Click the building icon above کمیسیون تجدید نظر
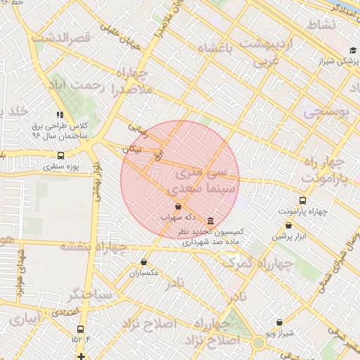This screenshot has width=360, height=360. (211, 221)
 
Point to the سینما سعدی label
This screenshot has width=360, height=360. (198, 190)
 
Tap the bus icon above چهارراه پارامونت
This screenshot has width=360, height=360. (302, 200)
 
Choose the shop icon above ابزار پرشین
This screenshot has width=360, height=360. (289, 226)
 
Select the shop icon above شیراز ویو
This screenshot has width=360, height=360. (279, 322)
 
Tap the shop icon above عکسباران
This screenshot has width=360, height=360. (143, 262)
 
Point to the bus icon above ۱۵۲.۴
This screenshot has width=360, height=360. (80, 328)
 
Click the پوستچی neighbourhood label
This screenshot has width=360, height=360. (325, 112)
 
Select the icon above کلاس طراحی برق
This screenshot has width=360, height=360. (60, 114)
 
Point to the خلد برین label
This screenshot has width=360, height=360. (15, 112)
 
